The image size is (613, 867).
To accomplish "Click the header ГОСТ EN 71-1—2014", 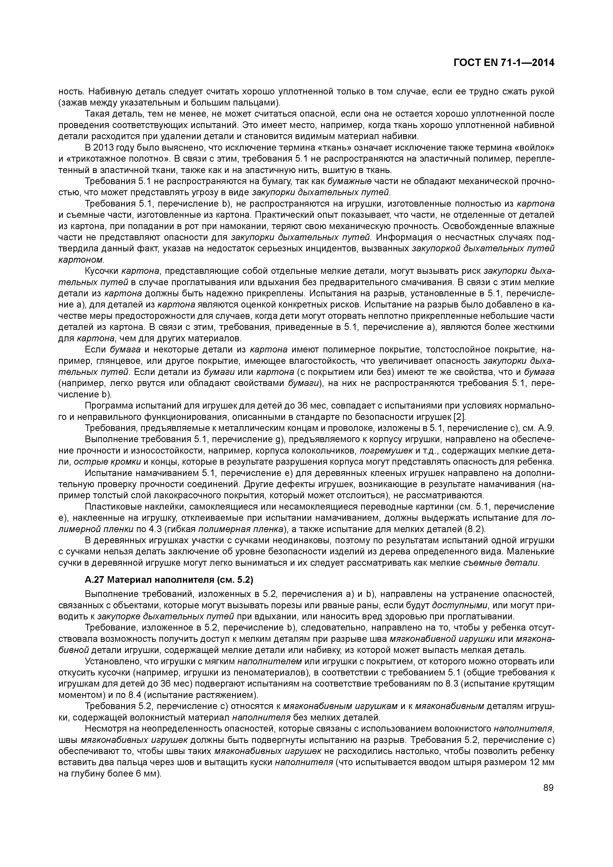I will click(x=504, y=63).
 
